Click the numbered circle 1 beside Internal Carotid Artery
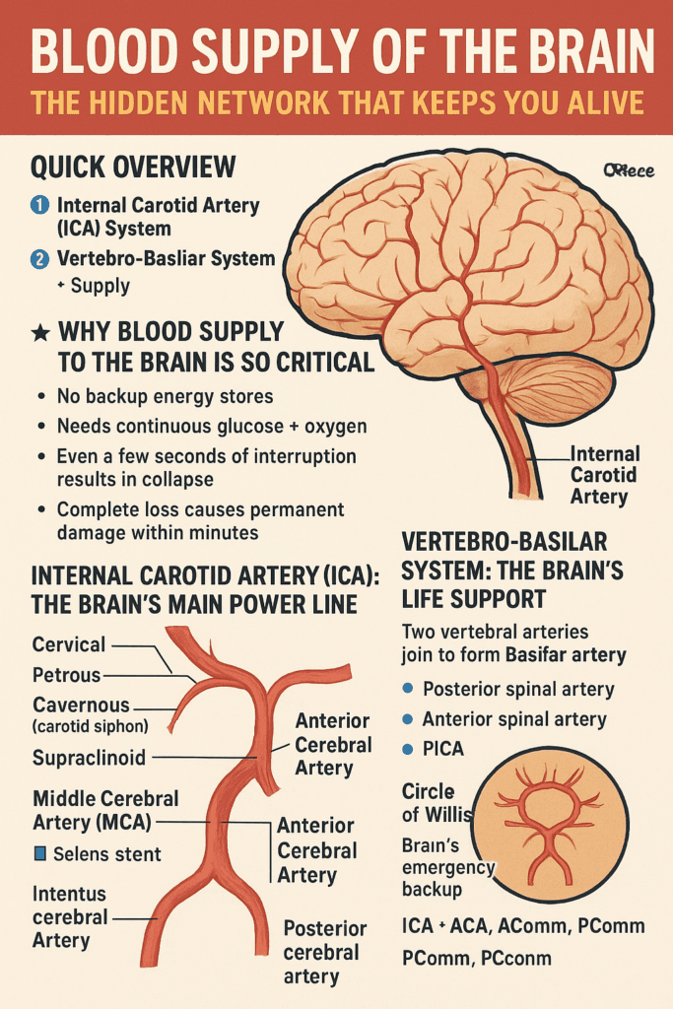pyautogui.click(x=39, y=206)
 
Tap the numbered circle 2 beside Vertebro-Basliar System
pyautogui.click(x=39, y=259)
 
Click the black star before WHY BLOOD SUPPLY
pyautogui.click(x=39, y=333)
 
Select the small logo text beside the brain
pyautogui.click(x=628, y=170)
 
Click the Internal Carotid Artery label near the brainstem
pyautogui.click(x=604, y=475)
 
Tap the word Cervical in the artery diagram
pyautogui.click(x=69, y=644)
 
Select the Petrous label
pyautogui.click(x=67, y=676)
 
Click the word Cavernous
pyautogui.click(x=81, y=706)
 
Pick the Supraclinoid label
pyautogui.click(x=89, y=758)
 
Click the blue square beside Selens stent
pyautogui.click(x=39, y=853)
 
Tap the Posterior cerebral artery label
pyautogui.click(x=324, y=952)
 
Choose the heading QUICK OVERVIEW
pyautogui.click(x=133, y=167)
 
